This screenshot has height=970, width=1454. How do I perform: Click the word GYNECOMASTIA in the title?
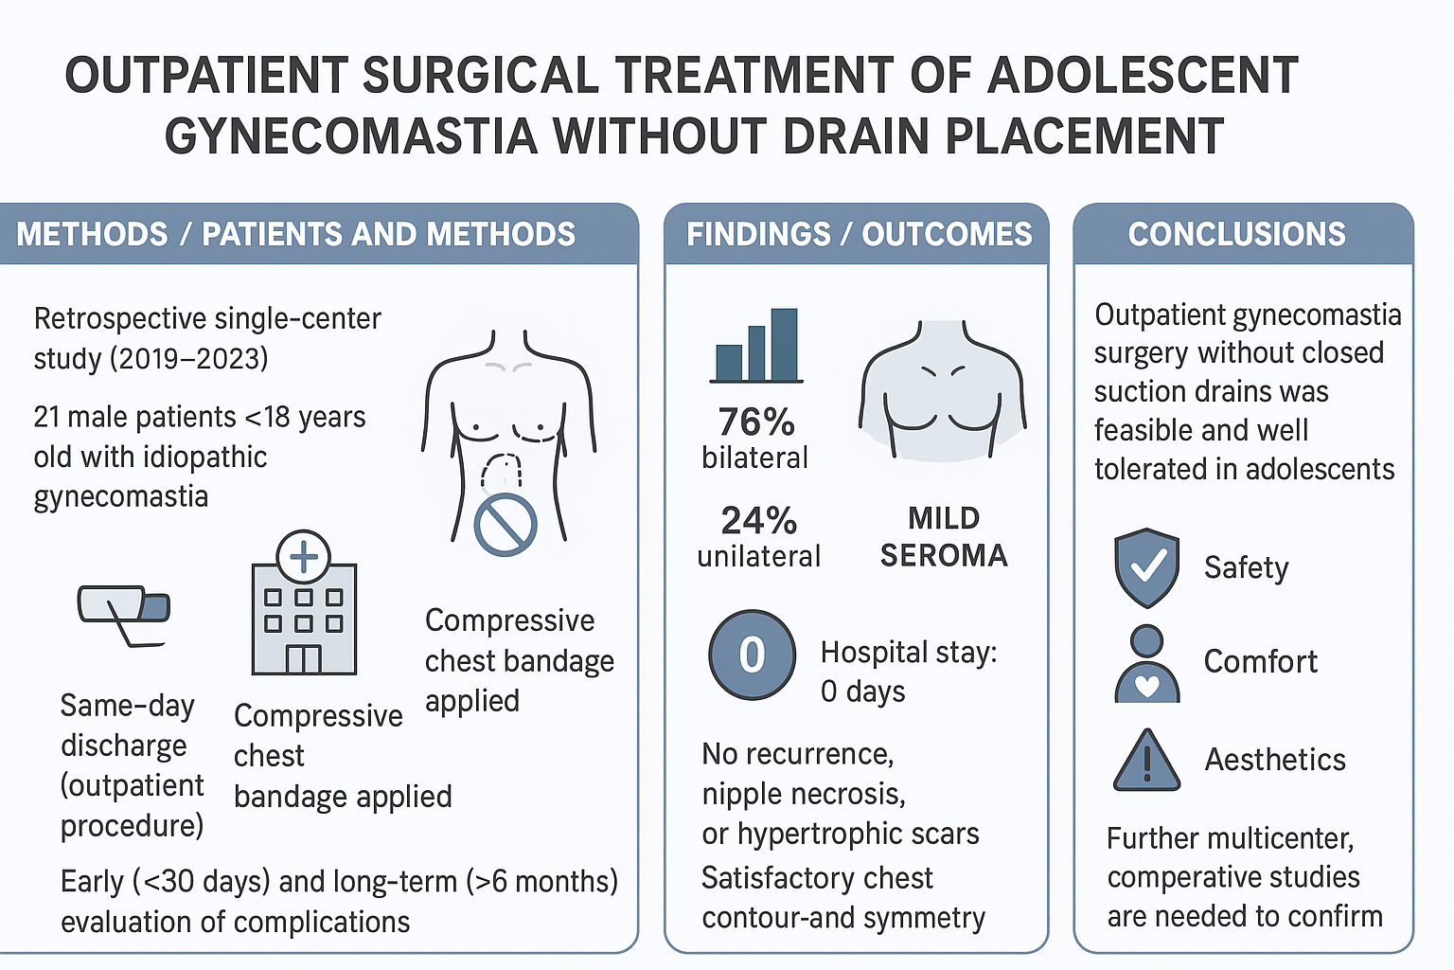(351, 136)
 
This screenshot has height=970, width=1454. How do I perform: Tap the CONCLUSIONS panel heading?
(1236, 234)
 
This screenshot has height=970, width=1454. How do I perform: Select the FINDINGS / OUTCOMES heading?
(859, 234)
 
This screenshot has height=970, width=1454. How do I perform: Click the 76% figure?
(756, 422)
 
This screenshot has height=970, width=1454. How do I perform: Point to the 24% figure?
(758, 520)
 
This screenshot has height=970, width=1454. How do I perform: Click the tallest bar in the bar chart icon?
(784, 344)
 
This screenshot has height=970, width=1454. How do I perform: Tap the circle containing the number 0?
(752, 655)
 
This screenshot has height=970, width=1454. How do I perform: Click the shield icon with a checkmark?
(1147, 567)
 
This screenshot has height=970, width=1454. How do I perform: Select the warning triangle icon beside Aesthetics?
(1146, 761)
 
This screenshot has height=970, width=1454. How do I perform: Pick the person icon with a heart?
(1147, 664)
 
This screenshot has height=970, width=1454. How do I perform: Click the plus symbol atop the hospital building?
(304, 556)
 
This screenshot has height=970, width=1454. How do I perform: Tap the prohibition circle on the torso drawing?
(505, 524)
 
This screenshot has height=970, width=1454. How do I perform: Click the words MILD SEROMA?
(944, 536)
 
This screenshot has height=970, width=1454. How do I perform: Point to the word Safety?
(1246, 567)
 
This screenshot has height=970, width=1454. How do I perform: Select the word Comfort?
(1260, 661)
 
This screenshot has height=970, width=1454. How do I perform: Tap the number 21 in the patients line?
(46, 417)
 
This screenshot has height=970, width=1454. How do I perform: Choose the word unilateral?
(758, 556)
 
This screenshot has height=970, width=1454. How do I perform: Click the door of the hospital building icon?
(304, 658)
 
